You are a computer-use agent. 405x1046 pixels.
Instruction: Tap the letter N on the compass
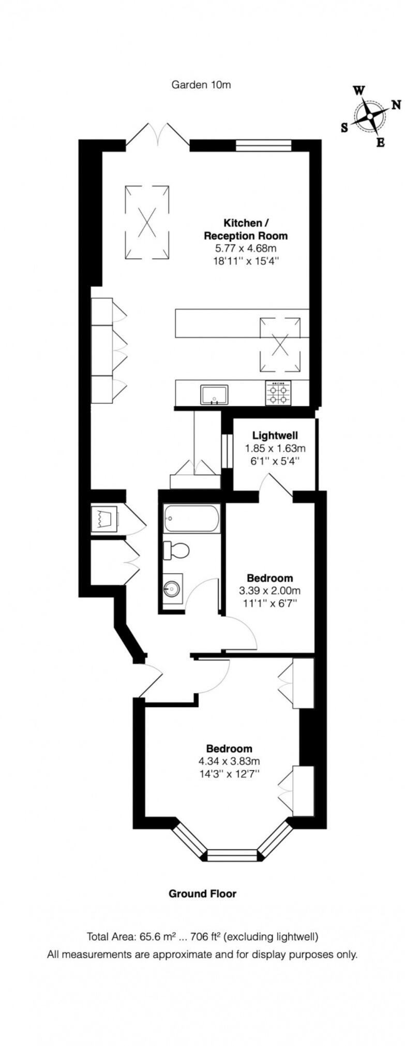396,105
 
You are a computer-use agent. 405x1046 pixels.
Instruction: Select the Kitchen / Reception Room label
246,229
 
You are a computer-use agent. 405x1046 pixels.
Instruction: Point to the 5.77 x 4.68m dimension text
246,248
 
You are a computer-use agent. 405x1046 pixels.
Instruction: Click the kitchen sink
214,395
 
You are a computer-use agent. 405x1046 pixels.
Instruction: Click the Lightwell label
275,435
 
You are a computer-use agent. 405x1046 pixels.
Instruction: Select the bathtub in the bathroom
192,518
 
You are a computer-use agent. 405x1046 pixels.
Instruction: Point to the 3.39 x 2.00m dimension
269,590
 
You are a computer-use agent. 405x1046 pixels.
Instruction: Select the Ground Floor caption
202,894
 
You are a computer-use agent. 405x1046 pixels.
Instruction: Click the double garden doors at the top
158,135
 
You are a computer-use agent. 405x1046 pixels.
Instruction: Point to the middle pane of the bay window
232,855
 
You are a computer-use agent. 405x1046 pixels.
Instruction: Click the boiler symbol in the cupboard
103,517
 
